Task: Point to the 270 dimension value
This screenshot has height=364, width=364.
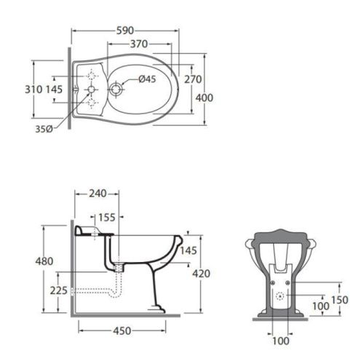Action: pos(192,79)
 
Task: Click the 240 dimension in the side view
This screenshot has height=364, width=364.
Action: pos(97,193)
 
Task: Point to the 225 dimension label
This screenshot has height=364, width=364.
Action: pos(60,290)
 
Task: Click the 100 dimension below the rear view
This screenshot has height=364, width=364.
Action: pos(279,341)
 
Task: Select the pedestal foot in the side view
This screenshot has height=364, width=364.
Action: pos(156,306)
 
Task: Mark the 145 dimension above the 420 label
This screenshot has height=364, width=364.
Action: pos(188,251)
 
